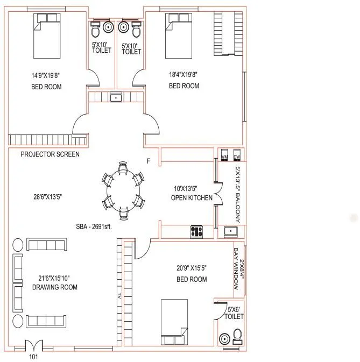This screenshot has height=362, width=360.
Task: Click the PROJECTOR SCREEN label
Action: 50,154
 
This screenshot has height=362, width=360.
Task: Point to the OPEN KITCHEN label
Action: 191,198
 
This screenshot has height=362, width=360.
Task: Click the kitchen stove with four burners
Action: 196,232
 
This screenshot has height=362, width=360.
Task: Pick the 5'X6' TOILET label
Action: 235,313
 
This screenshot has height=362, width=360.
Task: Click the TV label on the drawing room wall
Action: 120,295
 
